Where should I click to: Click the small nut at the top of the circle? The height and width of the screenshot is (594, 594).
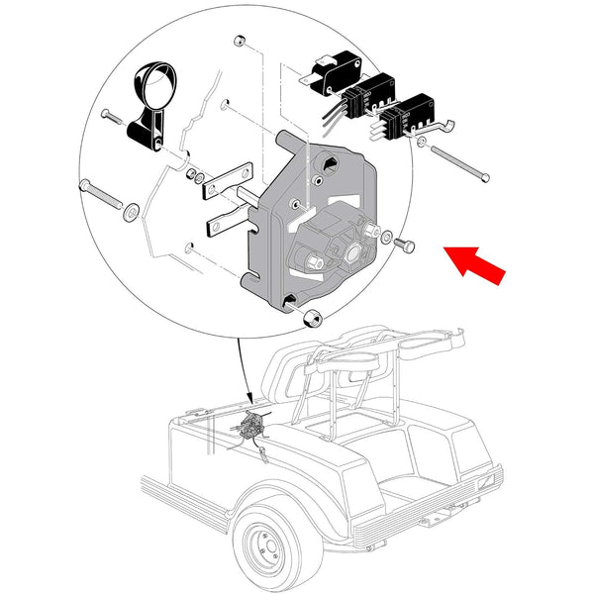tap(240, 43)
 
